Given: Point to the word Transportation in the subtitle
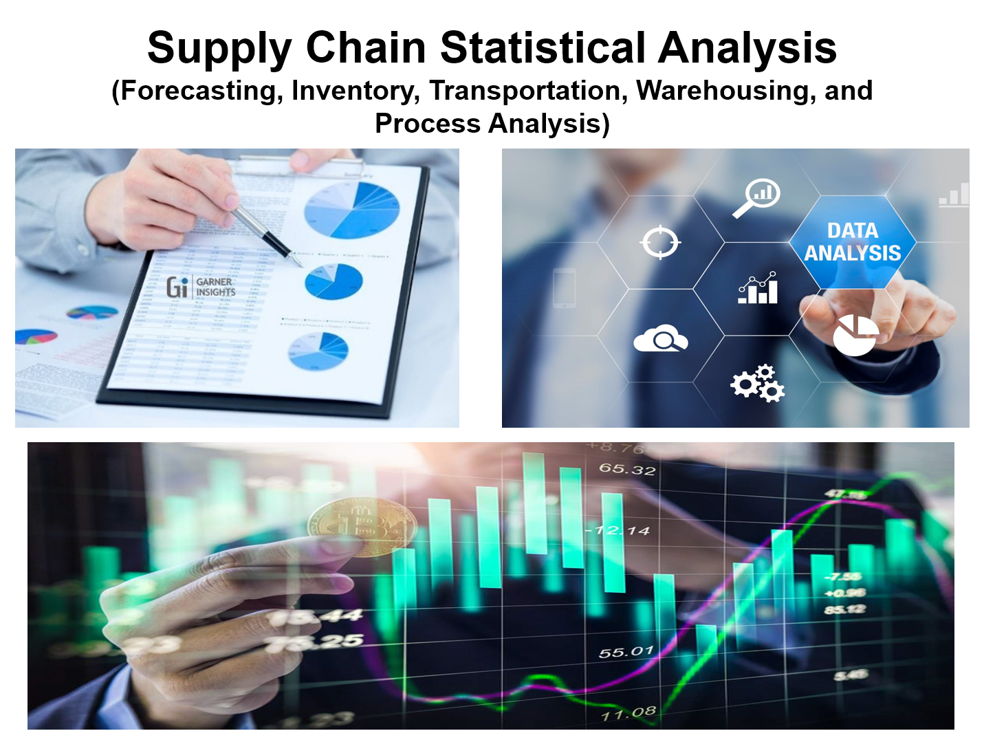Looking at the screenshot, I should pyautogui.click(x=528, y=91).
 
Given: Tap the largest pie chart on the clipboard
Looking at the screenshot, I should pyautogui.click(x=351, y=210).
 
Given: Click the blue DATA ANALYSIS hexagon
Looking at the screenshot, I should pyautogui.click(x=852, y=242).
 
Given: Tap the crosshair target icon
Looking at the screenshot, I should pyautogui.click(x=660, y=242).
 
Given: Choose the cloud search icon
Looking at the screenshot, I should pyautogui.click(x=660, y=339).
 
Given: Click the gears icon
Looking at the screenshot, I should pyautogui.click(x=758, y=384).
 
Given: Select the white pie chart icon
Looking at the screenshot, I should pyautogui.click(x=855, y=336).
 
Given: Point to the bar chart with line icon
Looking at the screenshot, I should pyautogui.click(x=758, y=288).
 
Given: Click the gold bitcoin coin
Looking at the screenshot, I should pyautogui.click(x=362, y=527).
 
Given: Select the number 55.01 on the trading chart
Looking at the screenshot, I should pyautogui.click(x=625, y=651).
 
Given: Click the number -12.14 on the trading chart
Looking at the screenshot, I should pyautogui.click(x=618, y=531).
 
